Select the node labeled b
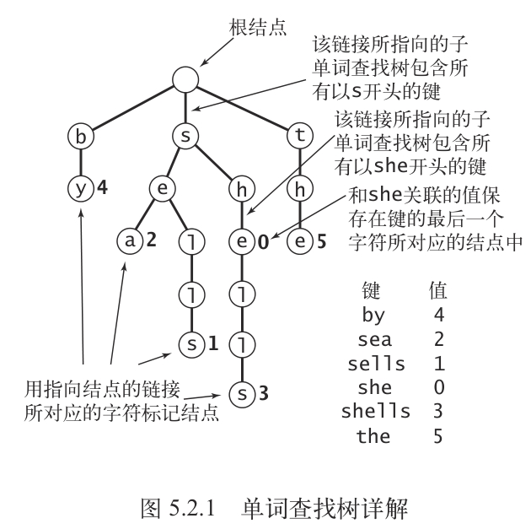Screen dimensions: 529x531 click(x=82, y=134)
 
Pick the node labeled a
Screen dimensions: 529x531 click(x=131, y=241)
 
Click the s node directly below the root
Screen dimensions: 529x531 click(x=186, y=134)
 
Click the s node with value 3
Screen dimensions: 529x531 click(x=242, y=394)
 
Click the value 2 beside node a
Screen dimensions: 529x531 click(x=152, y=241)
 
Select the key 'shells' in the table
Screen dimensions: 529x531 click(x=376, y=412)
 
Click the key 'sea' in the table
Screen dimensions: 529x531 click(x=376, y=340)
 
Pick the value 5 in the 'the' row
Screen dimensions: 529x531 click(x=438, y=436)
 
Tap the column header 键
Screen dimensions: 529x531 click(x=372, y=291)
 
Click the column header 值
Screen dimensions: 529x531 click(x=438, y=291)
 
